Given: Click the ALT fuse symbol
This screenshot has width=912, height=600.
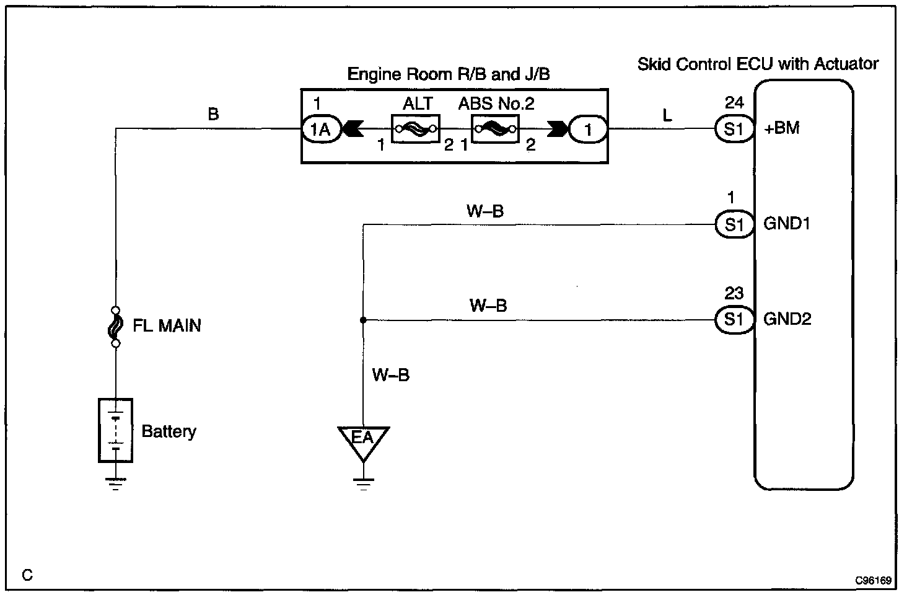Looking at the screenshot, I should (415, 128).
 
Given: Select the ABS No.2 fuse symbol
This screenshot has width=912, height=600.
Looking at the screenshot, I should (494, 129).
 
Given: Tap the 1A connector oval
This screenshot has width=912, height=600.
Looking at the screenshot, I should (321, 130).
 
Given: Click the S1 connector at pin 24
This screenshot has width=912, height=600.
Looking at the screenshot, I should (734, 130).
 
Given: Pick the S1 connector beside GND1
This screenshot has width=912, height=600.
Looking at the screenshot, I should (734, 224).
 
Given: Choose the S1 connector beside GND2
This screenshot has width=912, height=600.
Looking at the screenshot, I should (734, 320).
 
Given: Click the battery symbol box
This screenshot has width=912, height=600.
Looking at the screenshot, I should (115, 430).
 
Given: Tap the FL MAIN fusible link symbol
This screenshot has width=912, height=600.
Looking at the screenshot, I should (115, 326).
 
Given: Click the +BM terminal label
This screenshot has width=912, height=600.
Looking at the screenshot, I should (783, 128).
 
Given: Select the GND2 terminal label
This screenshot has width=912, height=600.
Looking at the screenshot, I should (787, 319).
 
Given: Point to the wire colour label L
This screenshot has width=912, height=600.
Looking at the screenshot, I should (667, 115).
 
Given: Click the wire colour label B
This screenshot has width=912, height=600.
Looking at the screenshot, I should (213, 114).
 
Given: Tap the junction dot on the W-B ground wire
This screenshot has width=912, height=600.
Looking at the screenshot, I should (363, 320).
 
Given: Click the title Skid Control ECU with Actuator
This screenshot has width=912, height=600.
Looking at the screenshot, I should (758, 64).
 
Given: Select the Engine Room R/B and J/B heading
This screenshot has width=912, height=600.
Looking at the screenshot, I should (449, 74).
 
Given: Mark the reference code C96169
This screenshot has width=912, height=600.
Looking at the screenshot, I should (874, 581).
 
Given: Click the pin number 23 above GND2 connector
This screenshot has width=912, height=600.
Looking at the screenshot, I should (734, 293).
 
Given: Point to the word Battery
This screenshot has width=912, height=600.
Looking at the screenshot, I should (169, 431).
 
